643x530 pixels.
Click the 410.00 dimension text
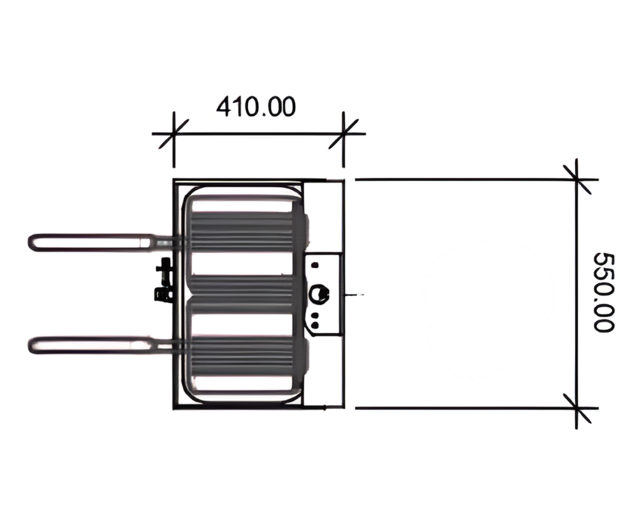click(x=256, y=107)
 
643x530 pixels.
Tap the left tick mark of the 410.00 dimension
click(x=173, y=135)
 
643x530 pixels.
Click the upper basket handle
click(x=91, y=242)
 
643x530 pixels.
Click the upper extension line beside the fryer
click(x=461, y=179)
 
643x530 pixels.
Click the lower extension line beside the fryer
click(x=461, y=408)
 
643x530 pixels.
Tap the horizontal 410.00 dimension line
click(x=257, y=135)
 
